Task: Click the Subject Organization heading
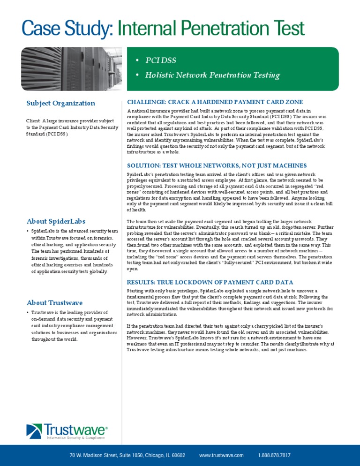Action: tap(60, 103)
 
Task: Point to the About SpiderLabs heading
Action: tap(56, 221)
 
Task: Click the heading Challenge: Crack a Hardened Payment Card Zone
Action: tap(215, 102)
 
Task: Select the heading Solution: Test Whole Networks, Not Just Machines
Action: tap(217, 165)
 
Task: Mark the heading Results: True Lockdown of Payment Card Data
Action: tap(210, 282)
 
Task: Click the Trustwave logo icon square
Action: tap(34, 431)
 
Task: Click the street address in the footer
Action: tap(127, 455)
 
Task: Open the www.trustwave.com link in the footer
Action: tap(221, 455)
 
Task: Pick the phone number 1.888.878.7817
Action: tap(274, 455)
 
